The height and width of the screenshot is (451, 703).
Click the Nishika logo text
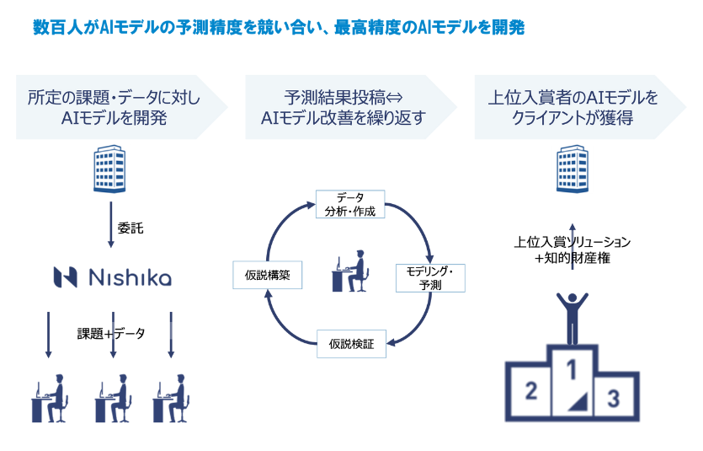click(x=113, y=277)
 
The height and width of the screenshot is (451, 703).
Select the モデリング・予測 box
click(x=429, y=277)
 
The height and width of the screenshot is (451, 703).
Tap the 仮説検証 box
click(x=352, y=343)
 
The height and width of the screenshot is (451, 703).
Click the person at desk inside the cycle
click(x=350, y=271)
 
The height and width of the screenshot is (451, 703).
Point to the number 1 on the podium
click(x=572, y=368)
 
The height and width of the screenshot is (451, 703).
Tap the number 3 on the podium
click(x=615, y=396)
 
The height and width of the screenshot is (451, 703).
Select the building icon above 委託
click(x=111, y=169)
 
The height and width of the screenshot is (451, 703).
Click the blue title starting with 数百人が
click(x=278, y=28)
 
